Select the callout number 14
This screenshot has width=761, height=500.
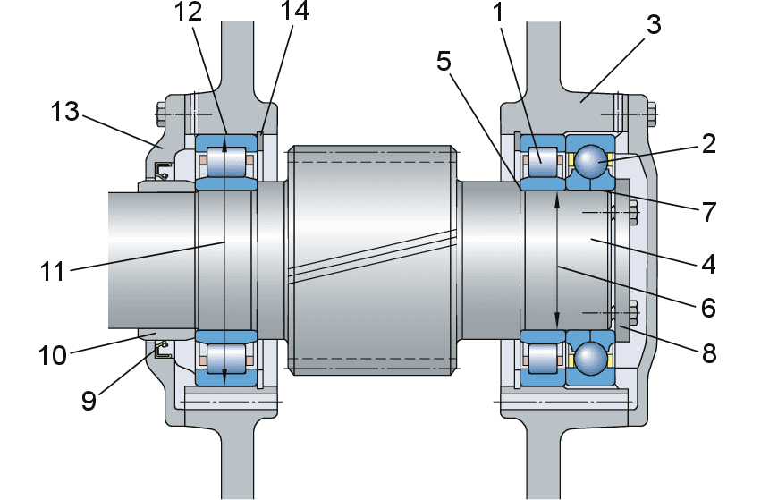[294, 10]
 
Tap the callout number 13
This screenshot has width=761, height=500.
[65, 112]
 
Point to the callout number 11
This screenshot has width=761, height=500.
[53, 272]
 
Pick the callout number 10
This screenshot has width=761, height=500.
[53, 355]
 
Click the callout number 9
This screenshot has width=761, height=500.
[89, 401]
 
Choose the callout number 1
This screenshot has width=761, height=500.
[498, 13]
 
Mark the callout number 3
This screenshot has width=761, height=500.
[654, 25]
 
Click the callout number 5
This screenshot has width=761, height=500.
[444, 62]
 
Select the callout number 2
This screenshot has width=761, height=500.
[708, 144]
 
